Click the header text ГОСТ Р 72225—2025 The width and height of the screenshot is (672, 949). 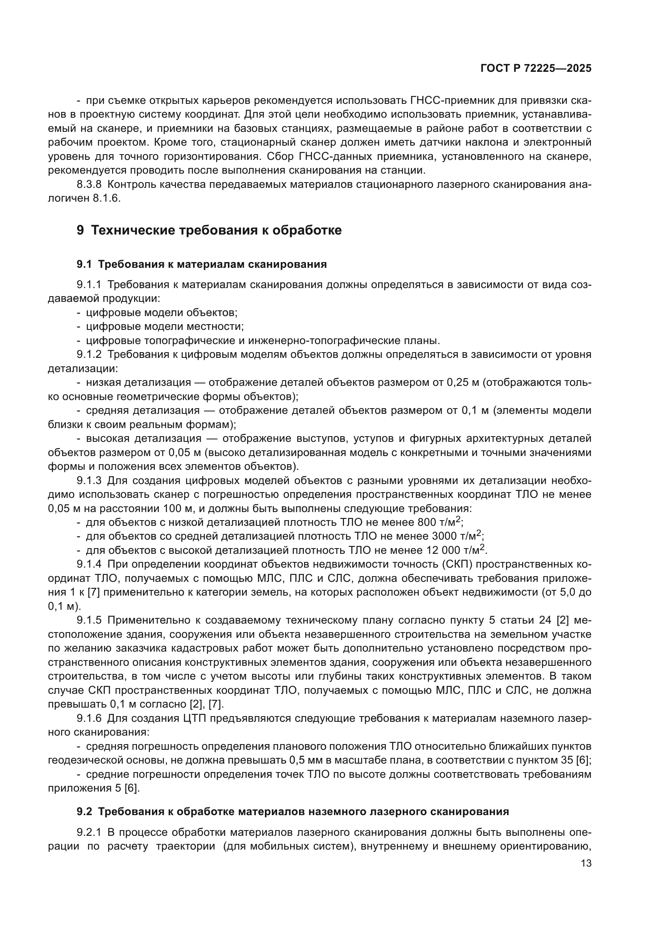536,69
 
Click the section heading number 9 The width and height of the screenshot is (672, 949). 80,230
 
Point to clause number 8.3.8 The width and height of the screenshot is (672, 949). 89,184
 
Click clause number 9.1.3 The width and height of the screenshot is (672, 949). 89,481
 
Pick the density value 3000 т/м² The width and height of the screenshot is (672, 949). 456,536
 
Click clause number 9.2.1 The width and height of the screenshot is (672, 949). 89,833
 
